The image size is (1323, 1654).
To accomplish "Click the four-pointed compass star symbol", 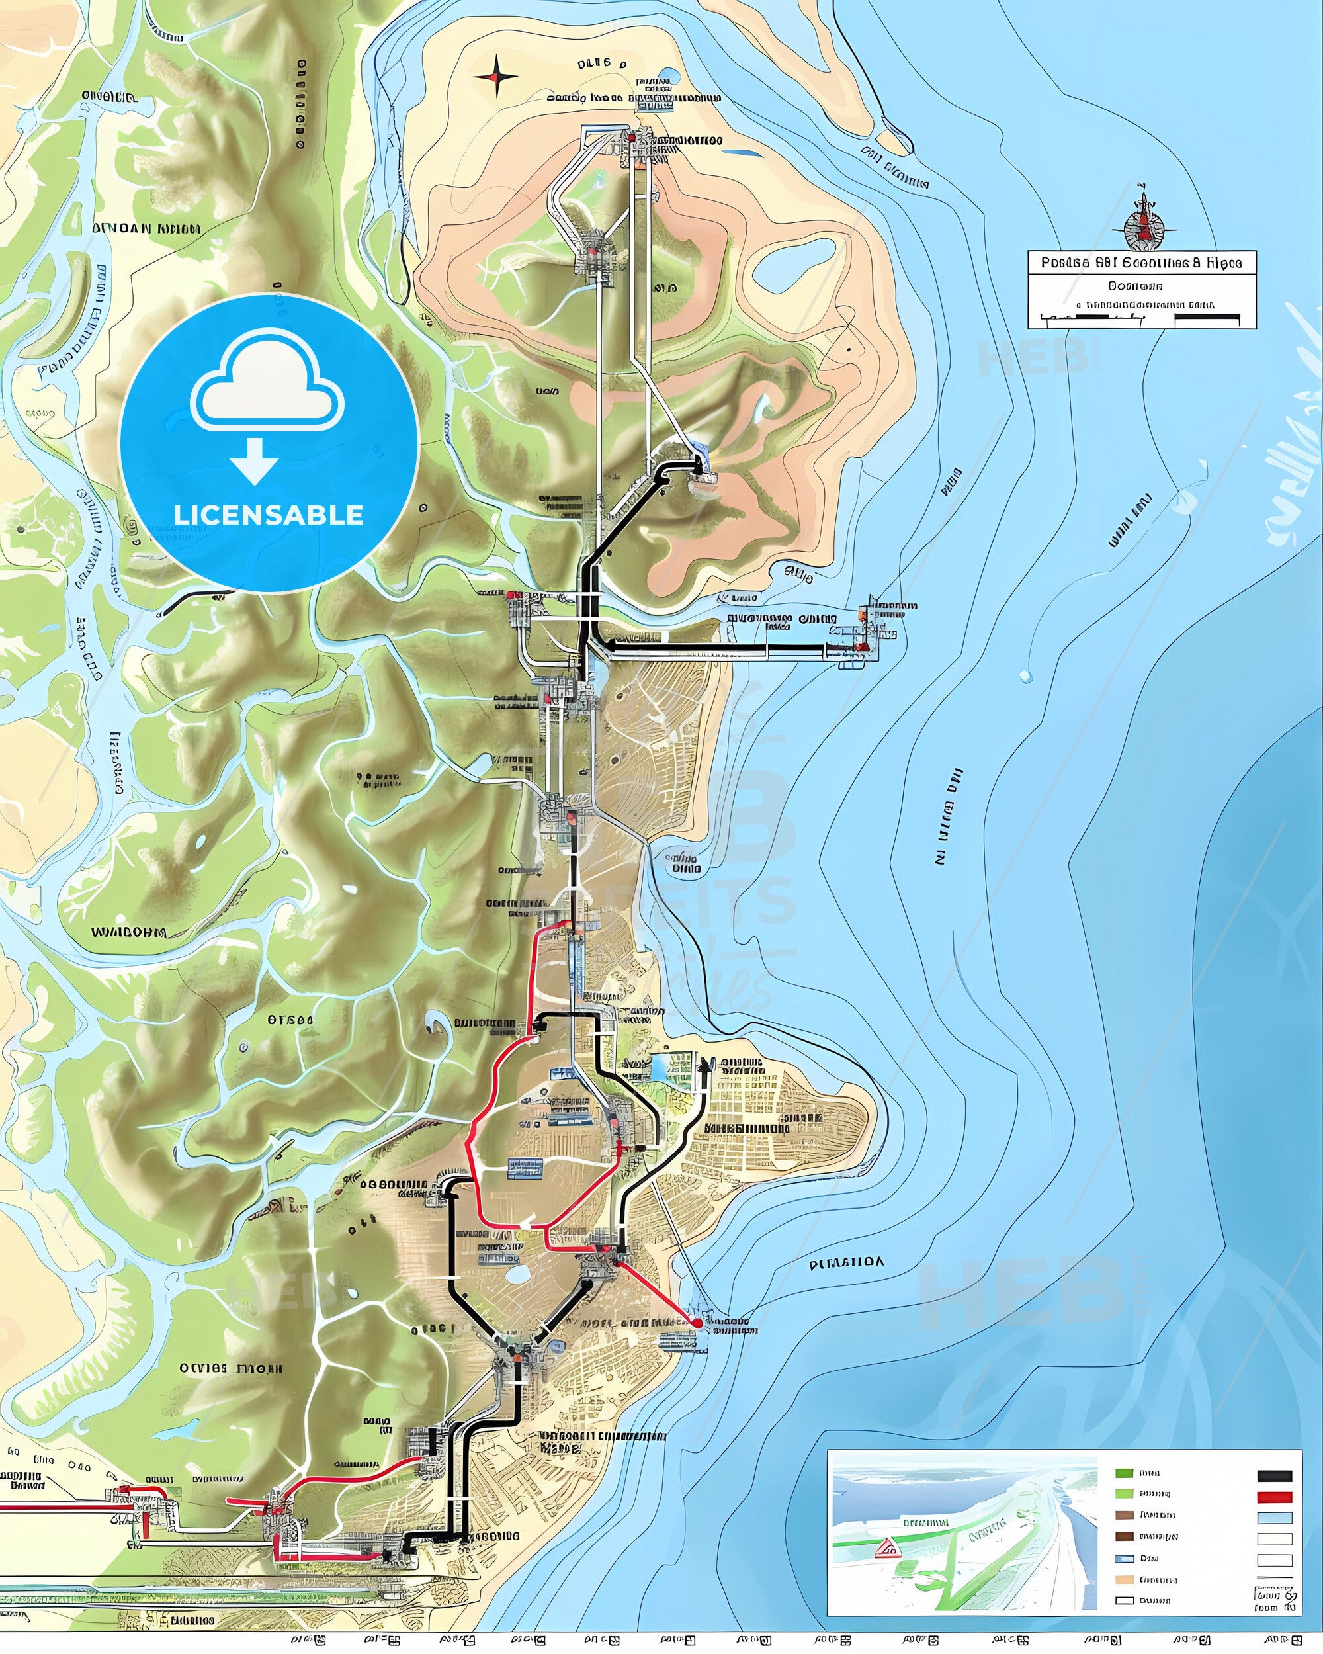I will pyautogui.click(x=496, y=77).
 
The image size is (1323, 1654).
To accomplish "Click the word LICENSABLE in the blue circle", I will pyautogui.click(x=269, y=515).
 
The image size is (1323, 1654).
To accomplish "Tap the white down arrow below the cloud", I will pyautogui.click(x=256, y=464).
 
